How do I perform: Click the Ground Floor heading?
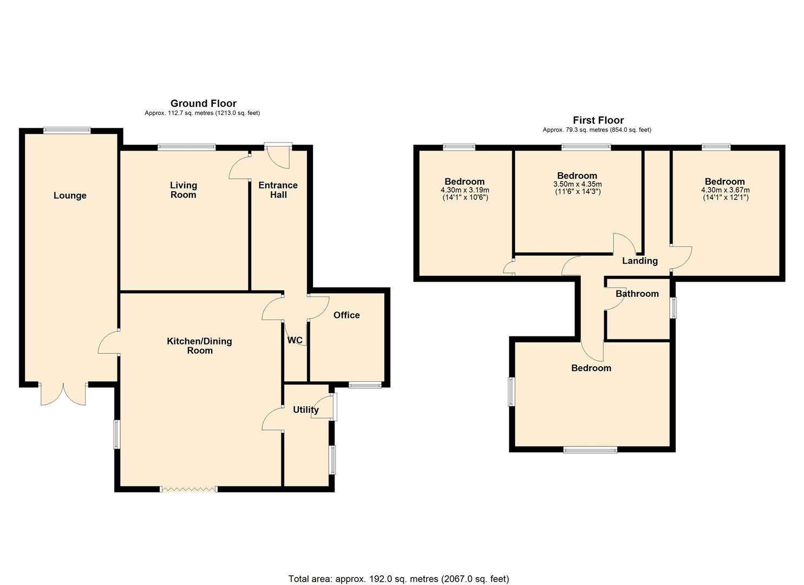[x=203, y=103]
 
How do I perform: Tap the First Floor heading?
[x=598, y=120]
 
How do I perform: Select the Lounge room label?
[x=70, y=196]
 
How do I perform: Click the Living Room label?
[x=184, y=190]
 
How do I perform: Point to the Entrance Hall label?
[x=278, y=190]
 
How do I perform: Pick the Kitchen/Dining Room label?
[x=200, y=346]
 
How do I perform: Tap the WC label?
[x=295, y=340]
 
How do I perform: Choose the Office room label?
[x=347, y=315]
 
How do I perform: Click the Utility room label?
[x=306, y=409]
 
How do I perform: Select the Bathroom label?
[x=637, y=294]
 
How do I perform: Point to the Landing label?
[x=640, y=261]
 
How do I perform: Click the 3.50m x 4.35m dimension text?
[x=578, y=184]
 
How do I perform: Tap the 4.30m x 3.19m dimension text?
[x=465, y=190]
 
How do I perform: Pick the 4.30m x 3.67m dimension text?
[x=725, y=190]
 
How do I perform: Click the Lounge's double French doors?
[x=63, y=394]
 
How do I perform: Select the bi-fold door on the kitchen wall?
[x=189, y=489]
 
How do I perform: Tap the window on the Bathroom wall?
[x=674, y=308]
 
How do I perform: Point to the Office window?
[x=365, y=385]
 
